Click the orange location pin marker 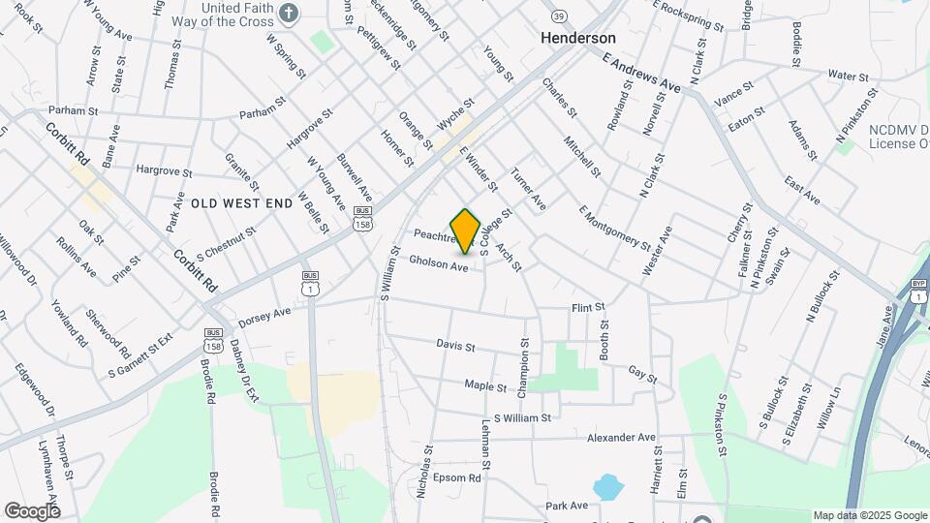[466, 231]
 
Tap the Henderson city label [577, 38]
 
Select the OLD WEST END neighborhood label [241, 202]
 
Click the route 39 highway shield [558, 16]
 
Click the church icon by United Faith [288, 14]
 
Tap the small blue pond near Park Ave [607, 485]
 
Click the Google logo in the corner [32, 510]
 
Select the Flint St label [588, 307]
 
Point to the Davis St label [455, 345]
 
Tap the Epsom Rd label [459, 478]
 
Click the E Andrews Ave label [641, 73]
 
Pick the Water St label [848, 76]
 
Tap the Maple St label [485, 386]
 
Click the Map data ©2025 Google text [869, 515]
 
